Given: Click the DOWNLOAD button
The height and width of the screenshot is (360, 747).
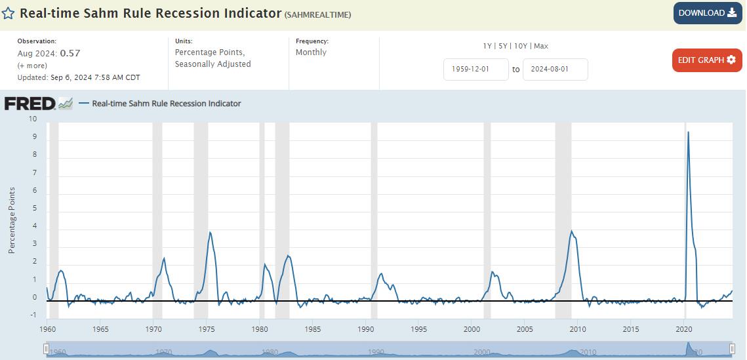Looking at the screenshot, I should (707, 13).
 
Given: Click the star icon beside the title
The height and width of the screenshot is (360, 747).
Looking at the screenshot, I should (9, 14).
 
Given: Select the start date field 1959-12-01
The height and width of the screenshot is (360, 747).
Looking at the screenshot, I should (475, 70).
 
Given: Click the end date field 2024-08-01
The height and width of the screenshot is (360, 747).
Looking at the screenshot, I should (555, 70).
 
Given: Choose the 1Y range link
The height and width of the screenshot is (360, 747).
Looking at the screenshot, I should (487, 46).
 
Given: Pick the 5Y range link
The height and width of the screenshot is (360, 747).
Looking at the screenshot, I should (503, 46).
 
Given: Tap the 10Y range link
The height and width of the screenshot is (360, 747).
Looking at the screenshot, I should (521, 46).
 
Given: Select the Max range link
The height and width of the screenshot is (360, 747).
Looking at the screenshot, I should (541, 46).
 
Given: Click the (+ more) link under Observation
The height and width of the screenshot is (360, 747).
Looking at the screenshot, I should (31, 66).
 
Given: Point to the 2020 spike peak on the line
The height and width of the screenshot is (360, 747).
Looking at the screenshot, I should (687, 132).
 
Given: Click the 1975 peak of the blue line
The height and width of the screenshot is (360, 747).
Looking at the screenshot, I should (210, 232).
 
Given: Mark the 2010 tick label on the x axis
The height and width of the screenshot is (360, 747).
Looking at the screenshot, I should (578, 329).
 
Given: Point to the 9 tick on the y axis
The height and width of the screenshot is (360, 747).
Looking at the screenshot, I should (34, 138).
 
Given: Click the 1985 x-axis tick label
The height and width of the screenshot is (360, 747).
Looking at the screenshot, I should (312, 329).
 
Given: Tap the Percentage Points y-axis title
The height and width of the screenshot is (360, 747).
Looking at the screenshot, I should (12, 220).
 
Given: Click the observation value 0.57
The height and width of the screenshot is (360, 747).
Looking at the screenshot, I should (70, 53).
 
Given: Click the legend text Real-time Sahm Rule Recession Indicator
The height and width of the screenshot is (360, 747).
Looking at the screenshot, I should (166, 104).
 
